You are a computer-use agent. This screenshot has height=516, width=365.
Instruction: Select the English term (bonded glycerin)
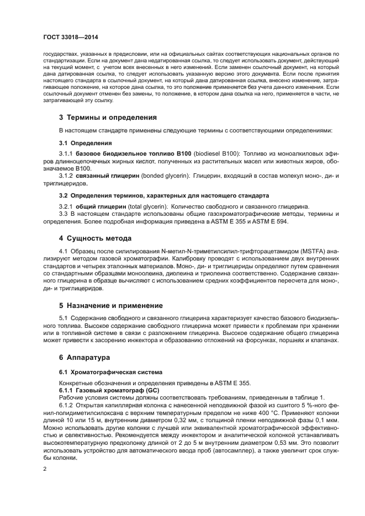tap(163, 175)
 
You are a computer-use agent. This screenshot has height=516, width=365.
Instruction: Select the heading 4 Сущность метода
tap(95, 238)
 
